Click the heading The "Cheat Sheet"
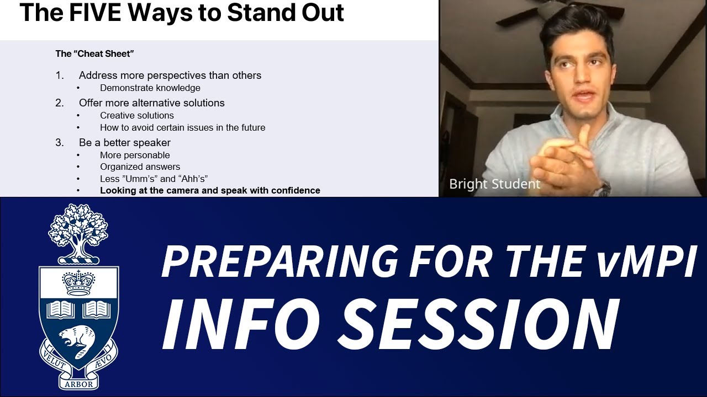coord(94,54)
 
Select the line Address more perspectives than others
coord(170,76)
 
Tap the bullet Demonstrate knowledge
coord(150,88)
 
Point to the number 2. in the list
coord(60,103)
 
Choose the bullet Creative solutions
coord(136,116)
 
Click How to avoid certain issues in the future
coord(182,128)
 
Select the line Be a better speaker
coord(124,143)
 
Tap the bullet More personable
coord(135,155)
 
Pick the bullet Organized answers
coord(140,167)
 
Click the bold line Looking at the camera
coord(210,191)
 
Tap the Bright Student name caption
coord(494,184)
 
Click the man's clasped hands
coord(558,160)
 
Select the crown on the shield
coord(78,283)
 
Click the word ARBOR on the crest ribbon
coord(78,384)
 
